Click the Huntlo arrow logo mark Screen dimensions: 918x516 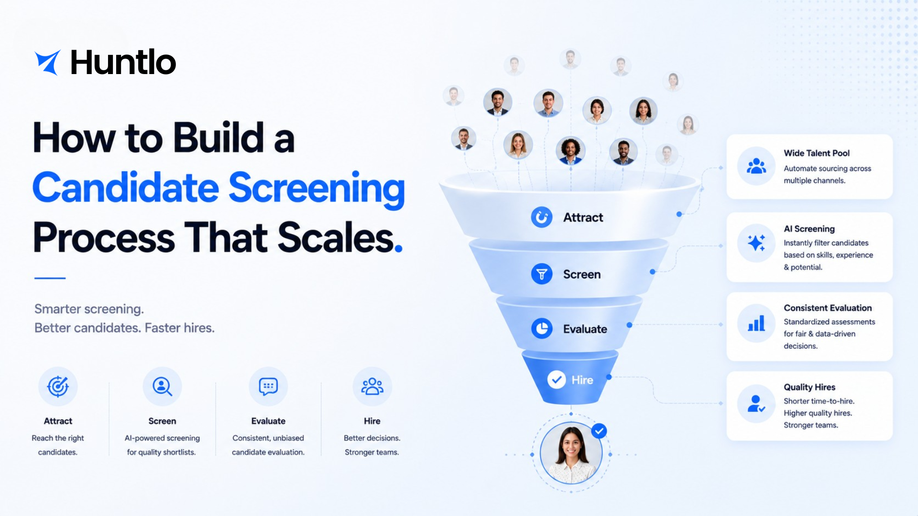pos(48,62)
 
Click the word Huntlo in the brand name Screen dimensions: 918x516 pos(123,62)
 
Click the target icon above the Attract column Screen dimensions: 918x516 pos(58,386)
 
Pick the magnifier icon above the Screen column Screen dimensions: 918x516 pos(162,386)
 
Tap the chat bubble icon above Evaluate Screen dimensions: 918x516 pos(268,386)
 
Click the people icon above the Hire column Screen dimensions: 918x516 pos(372,386)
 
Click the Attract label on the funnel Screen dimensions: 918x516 pos(583,217)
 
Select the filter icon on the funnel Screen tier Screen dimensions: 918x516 pos(542,274)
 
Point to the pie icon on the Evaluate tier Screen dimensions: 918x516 pos(542,329)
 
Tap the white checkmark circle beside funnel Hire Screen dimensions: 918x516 pos(557,380)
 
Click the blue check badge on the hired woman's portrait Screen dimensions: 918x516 pos(599,431)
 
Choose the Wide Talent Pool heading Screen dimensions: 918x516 pos(817,153)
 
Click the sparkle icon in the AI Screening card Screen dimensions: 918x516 pos(756,243)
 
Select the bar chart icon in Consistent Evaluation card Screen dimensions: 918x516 pos(756,323)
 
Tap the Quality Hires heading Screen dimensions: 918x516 pos(809,387)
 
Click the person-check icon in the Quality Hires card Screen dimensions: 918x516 pos(756,404)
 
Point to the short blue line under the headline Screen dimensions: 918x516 pos(50,278)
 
